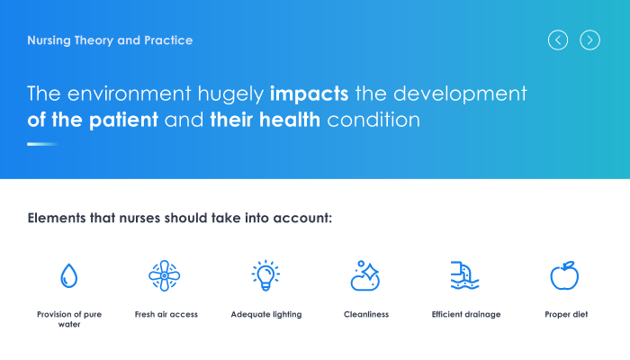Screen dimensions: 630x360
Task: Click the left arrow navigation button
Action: pos(558,40)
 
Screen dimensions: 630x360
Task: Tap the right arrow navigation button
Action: pos(589,40)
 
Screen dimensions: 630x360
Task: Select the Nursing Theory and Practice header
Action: pos(110,40)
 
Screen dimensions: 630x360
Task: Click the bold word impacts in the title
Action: pos(309,94)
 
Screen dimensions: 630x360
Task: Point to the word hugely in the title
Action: pos(230,94)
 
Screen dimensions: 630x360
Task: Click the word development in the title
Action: pos(460,94)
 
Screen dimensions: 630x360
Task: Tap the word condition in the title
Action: pos(373,120)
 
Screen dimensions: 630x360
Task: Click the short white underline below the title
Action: pos(42,144)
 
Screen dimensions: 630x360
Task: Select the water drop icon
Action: pos(68,275)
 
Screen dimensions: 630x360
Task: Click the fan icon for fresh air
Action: pos(165,275)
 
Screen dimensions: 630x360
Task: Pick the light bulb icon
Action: pos(265,275)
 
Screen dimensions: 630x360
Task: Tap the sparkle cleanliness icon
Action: pos(364,275)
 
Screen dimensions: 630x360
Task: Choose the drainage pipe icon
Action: pos(465,275)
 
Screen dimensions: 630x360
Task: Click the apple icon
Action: pos(564,275)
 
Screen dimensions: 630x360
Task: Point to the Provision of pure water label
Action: pos(69,319)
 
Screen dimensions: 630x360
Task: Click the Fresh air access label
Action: pos(166,314)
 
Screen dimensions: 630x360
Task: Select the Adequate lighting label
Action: pos(266,315)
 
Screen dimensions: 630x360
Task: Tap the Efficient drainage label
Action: pos(466,315)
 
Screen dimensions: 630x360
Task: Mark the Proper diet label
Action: pos(566,315)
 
